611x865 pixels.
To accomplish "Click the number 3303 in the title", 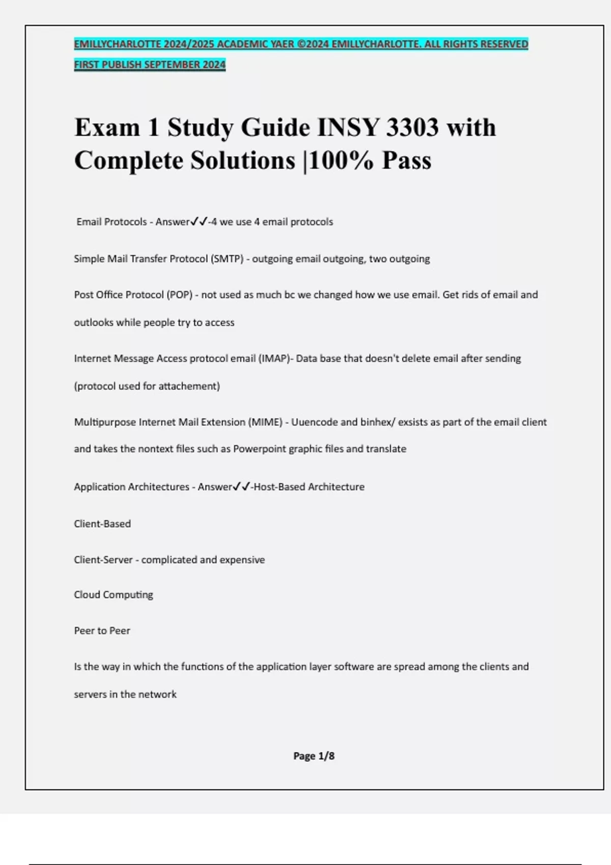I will pos(412,127).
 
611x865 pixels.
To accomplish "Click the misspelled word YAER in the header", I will pos(282,44).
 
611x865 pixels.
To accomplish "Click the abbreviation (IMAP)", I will pos(274,359).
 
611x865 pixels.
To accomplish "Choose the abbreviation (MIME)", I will pos(265,422).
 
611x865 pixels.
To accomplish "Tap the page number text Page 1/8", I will pos(314,756).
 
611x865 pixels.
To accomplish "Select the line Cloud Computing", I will pos(114,595).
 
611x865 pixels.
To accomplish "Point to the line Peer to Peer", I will pos(102,631).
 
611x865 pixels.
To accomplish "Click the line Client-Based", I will pos(102,524).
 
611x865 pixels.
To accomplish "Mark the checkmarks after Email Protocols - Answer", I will pos(199,222).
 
